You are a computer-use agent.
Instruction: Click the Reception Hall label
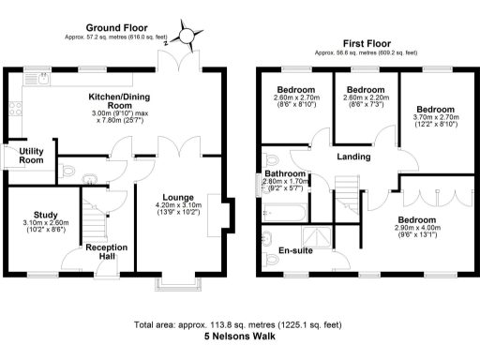[106, 252]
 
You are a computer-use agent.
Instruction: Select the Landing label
[353, 157]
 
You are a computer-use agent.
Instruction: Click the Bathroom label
[284, 173]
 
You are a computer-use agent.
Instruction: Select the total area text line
[239, 324]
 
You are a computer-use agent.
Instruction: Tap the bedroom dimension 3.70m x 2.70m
[435, 119]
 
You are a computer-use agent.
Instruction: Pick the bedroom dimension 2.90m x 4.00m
[414, 229]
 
